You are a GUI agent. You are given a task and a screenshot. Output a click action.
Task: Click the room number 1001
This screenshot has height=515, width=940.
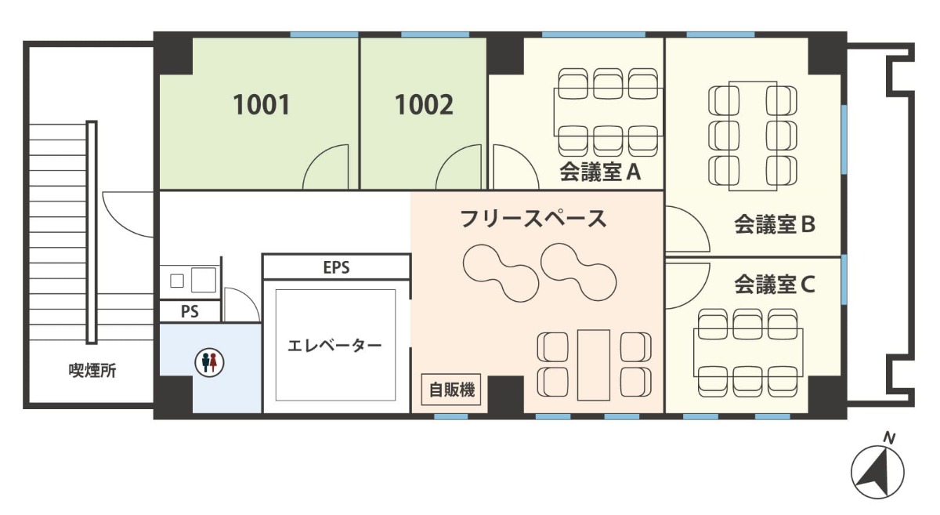point(261,104)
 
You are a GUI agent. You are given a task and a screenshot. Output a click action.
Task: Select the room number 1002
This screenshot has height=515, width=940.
point(424,104)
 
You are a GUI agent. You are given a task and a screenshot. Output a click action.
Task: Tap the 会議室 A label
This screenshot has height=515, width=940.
point(600,172)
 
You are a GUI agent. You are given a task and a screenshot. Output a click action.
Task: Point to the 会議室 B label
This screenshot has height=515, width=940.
point(775,224)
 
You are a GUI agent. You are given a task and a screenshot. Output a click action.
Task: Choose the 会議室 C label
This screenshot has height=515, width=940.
point(775,285)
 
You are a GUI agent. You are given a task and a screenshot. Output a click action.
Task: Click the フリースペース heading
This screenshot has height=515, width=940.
point(533,219)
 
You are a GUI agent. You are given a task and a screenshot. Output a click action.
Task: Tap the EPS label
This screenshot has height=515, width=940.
point(336,267)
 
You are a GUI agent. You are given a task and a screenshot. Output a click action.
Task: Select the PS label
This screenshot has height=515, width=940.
point(190,312)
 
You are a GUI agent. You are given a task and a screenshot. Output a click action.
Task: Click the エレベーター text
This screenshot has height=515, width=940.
point(334,346)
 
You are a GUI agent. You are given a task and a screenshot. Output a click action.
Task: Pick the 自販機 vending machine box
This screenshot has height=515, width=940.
point(451,390)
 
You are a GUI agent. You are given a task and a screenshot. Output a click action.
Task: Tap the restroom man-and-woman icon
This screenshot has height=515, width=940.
point(209,361)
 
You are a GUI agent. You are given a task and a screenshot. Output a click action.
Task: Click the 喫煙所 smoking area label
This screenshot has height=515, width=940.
point(92,371)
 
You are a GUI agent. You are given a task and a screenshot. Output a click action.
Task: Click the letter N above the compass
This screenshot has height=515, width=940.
point(889,438)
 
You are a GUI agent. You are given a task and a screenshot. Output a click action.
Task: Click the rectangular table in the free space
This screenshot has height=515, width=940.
point(594,365)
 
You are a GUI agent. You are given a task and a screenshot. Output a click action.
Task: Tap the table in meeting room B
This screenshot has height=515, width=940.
point(753,136)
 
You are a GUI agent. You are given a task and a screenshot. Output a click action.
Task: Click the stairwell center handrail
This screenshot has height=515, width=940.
point(92,232)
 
